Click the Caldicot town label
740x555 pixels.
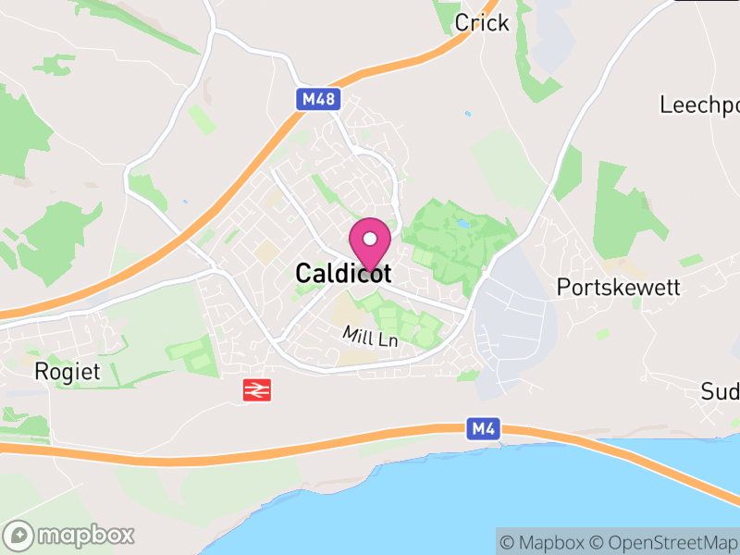(x=343, y=274)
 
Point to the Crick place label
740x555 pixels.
(x=482, y=22)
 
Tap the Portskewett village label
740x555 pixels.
(x=618, y=288)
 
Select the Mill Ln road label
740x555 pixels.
(x=369, y=338)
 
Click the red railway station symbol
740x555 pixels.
(x=256, y=390)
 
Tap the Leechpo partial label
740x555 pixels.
(x=698, y=105)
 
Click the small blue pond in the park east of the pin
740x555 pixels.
(x=462, y=224)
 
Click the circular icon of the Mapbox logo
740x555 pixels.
(x=19, y=536)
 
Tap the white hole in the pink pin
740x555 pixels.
(x=370, y=238)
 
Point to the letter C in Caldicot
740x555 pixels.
(x=304, y=274)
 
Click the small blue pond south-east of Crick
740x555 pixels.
(x=468, y=114)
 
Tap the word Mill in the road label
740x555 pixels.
(x=356, y=333)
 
